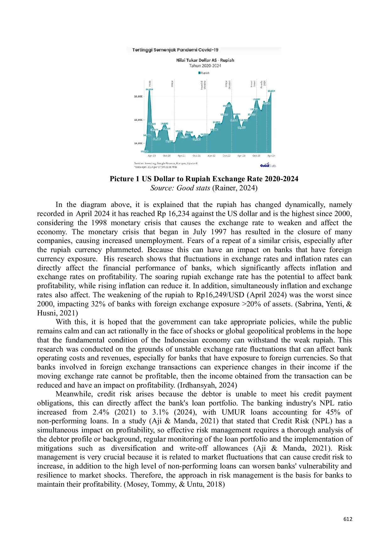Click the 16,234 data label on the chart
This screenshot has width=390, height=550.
pos(271,91)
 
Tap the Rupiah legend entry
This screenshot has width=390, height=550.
pos(204,73)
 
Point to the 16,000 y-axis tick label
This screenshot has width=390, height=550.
pos(138,97)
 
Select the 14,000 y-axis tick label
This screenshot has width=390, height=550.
pos(138,143)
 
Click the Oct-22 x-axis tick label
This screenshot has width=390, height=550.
pos(226,156)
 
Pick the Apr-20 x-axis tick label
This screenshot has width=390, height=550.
pos(152,156)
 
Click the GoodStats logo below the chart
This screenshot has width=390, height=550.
pos(268,165)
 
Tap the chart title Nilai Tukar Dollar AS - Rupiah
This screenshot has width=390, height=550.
pos(205,60)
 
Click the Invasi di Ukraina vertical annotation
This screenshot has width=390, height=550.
pos(203,85)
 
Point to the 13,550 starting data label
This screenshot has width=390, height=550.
pos(144,151)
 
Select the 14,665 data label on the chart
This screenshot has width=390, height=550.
pos(241,128)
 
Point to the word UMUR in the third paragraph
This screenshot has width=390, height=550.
pos(233,412)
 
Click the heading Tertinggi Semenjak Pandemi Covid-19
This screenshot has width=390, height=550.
pos(175,50)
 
